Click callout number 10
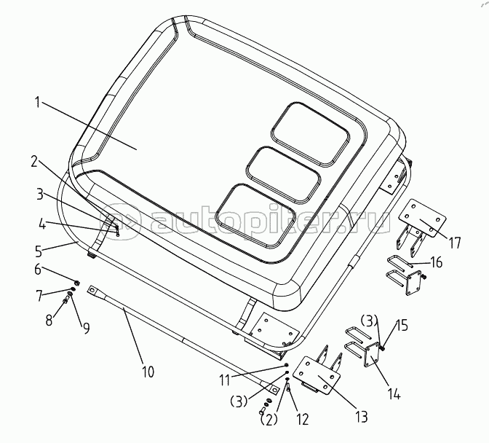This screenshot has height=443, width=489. coord(147,372)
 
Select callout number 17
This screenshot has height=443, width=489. coord(455,243)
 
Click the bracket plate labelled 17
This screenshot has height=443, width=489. coord(421,218)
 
